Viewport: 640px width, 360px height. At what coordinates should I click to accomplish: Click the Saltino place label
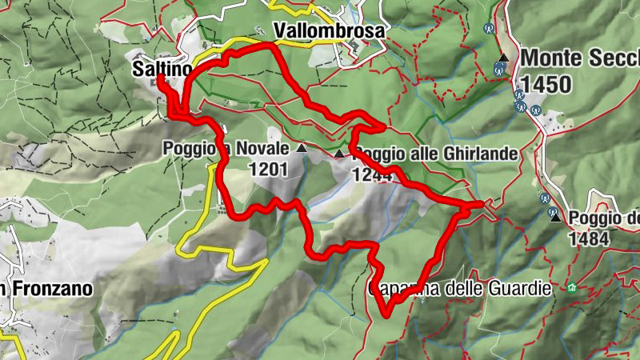coord(158,69)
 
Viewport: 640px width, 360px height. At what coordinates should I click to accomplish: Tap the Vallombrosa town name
coord(329,30)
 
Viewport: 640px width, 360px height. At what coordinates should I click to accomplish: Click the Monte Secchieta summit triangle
coord(503,58)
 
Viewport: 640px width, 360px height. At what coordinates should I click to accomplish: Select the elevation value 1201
coord(268,168)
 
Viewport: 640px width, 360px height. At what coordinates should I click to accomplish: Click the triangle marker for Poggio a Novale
coord(302,149)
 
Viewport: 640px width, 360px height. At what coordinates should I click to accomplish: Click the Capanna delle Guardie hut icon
coord(571,288)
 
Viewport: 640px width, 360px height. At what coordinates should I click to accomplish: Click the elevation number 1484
coord(589,238)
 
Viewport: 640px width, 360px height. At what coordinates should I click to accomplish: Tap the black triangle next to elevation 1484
coord(554,216)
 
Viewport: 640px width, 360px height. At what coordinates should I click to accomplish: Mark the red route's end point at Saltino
coord(159,78)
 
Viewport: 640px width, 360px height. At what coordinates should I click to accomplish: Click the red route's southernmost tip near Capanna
coord(386,314)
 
